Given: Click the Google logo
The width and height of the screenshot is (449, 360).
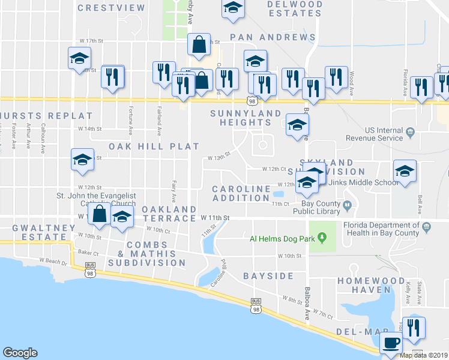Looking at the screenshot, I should point(20,353).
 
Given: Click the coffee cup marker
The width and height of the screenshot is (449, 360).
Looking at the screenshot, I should point(391,343).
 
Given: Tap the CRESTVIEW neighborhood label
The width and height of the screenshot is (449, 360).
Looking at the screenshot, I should point(112,8).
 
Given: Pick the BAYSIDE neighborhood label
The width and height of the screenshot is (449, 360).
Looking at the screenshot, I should point(268,276).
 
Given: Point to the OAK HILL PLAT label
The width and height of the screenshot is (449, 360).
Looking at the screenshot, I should point(154,146).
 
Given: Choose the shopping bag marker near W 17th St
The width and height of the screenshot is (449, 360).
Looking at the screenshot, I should point(199,44).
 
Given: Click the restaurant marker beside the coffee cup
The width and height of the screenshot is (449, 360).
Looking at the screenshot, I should point(413,328).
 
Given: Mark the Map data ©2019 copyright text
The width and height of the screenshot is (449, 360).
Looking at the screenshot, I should point(424,355).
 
